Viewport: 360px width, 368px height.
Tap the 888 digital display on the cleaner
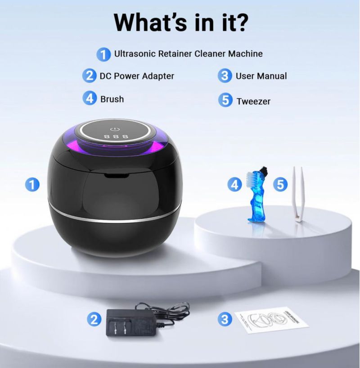tap(117, 136)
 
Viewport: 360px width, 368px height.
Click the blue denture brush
tap(257, 194)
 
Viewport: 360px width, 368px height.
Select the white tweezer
tap(298, 194)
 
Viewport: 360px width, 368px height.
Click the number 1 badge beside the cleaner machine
tap(32, 185)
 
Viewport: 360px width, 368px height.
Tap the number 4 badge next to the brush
tap(234, 185)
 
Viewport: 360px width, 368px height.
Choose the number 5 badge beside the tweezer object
tap(280, 185)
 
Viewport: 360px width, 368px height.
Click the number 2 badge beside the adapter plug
tap(94, 319)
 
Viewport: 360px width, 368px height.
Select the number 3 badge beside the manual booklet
tap(225, 319)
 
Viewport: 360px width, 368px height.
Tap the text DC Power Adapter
tap(137, 76)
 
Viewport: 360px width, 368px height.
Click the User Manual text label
tap(261, 76)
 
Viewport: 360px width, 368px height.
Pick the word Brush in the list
tap(112, 99)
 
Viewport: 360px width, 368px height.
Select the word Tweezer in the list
tap(253, 101)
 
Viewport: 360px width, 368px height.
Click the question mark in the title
tap(241, 23)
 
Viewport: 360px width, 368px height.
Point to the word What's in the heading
tap(150, 23)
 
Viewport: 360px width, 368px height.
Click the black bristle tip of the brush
tap(264, 169)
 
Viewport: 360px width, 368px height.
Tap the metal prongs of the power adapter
tap(119, 327)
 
